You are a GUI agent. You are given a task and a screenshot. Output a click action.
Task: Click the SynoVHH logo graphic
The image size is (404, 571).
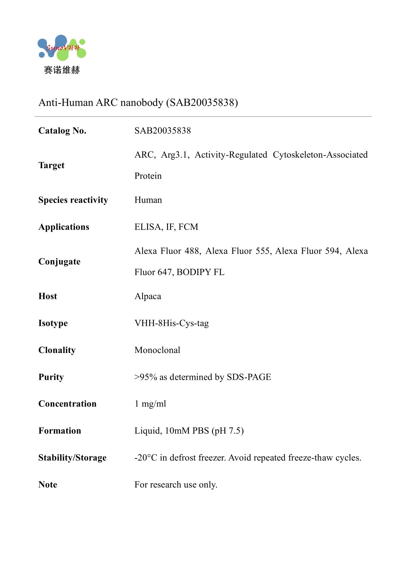(62, 48)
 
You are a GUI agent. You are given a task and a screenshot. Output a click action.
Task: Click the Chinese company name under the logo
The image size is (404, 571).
(62, 70)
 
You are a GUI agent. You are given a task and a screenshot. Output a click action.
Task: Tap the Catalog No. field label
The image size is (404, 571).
(62, 131)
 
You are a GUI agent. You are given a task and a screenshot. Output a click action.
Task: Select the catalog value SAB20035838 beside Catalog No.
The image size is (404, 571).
(163, 131)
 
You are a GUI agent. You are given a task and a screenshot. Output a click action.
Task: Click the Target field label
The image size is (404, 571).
(51, 165)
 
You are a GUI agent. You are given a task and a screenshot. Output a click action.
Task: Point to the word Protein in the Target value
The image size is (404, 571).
(148, 176)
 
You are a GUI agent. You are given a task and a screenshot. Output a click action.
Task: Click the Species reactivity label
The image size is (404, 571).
(73, 200)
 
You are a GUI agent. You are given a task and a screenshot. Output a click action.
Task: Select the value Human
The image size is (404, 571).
(148, 200)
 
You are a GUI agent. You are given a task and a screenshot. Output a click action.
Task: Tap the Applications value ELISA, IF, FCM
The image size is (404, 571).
(166, 227)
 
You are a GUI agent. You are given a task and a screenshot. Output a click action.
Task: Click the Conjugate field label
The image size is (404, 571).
(59, 262)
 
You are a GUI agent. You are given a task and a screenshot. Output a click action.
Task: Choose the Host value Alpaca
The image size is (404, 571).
(148, 296)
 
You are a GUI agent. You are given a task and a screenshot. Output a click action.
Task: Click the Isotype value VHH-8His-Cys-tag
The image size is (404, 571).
(171, 323)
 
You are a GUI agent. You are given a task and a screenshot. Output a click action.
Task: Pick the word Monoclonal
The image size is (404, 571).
(157, 350)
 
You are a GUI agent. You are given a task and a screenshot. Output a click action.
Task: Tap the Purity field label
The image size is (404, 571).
(51, 377)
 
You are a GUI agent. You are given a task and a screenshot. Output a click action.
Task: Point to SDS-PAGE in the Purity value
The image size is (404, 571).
(249, 377)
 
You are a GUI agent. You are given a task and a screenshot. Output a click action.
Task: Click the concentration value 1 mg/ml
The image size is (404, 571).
(150, 404)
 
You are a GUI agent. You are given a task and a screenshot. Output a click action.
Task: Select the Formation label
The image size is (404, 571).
(60, 431)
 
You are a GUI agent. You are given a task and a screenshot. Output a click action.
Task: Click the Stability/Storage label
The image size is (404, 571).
(72, 458)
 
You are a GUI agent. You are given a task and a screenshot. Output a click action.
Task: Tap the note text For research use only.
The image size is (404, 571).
(176, 485)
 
